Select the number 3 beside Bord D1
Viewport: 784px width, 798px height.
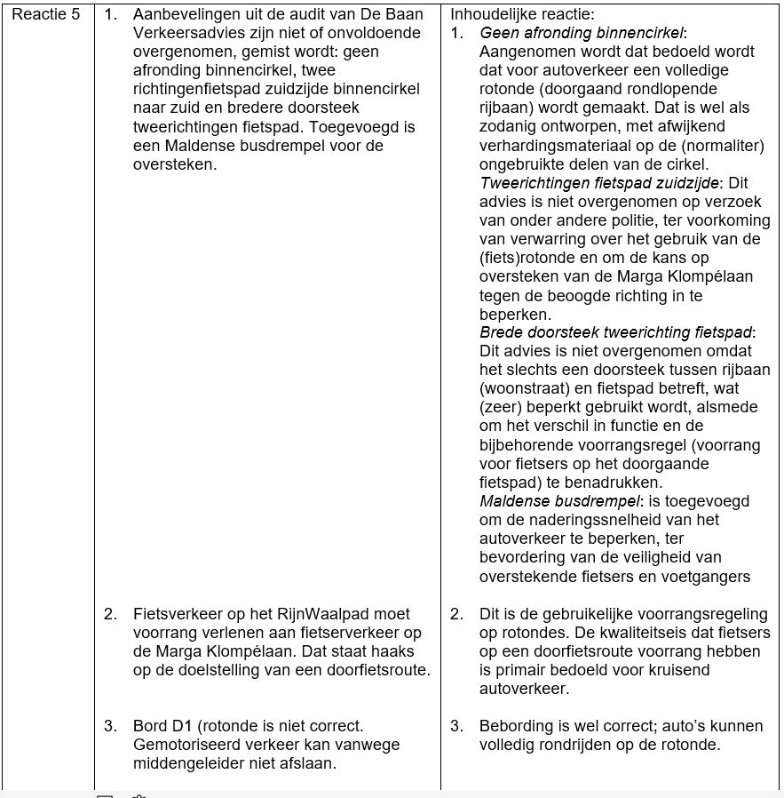(108, 726)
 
